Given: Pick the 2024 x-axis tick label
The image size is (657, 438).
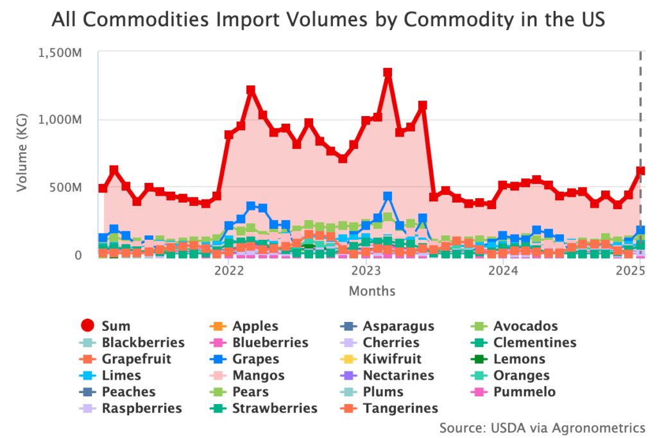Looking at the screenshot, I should pos(502,271).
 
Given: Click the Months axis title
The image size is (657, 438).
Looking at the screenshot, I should pos(371,291).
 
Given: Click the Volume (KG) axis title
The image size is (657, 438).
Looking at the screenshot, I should pos(22,154).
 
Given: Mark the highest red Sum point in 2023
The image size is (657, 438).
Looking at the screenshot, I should pos(388,73).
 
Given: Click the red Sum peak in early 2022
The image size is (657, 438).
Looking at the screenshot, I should pos(251,90).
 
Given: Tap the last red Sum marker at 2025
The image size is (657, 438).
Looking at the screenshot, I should pos(640,171).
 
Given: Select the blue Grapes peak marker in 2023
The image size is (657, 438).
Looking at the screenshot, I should pos(388,196).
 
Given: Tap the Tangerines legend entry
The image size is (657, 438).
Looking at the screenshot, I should pos(400,409).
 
